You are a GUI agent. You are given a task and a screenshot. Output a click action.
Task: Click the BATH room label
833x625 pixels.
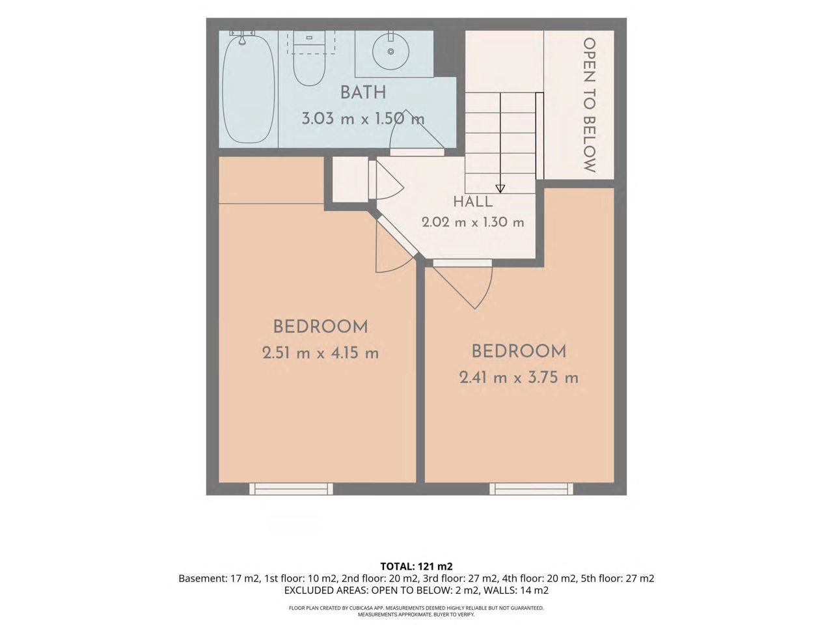pos(362,93)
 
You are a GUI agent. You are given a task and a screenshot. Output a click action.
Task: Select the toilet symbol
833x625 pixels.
pos(309,61)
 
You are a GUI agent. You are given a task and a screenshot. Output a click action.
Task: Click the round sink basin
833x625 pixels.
pos(390,51)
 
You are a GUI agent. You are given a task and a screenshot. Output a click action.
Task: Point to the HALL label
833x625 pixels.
pos(473,202)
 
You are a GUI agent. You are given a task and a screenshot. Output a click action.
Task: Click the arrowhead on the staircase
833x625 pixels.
pos(500,189)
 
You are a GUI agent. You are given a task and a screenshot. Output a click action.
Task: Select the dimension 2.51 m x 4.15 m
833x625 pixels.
pos(320,354)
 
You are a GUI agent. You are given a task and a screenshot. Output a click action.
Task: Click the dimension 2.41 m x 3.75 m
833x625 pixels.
pos(519,378)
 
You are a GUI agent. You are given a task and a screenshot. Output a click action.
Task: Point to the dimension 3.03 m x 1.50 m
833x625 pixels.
pos(362,118)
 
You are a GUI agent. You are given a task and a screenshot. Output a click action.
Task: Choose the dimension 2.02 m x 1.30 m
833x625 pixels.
pos(473,222)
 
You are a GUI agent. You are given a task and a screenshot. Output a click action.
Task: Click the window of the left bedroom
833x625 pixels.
pos(291,489)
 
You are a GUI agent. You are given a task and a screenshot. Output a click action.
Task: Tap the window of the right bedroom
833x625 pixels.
pos(531,489)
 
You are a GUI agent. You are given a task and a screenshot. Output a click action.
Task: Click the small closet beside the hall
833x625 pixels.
pos(350,180)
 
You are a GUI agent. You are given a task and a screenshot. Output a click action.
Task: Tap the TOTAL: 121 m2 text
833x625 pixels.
pos(416,566)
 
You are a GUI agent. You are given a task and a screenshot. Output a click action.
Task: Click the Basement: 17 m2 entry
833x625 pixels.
pos(219,579)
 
